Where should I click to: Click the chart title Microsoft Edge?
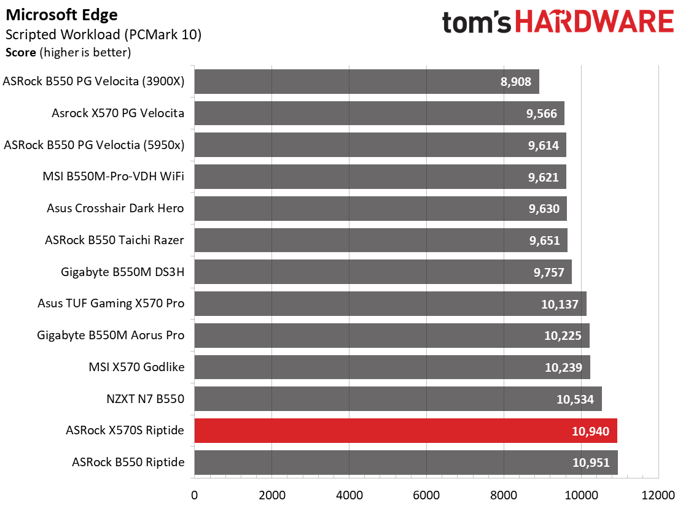tap(61, 15)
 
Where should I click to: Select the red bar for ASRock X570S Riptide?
tap(405, 431)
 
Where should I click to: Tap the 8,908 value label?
tap(516, 82)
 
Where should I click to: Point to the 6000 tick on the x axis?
tap(426, 495)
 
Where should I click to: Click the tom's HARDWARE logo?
tap(558, 21)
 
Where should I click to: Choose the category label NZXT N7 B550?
tap(146, 399)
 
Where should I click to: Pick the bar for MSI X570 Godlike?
tap(392, 367)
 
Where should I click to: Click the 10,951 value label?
tap(591, 463)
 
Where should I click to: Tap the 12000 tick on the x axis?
tap(658, 495)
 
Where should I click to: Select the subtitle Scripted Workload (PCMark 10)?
tap(104, 35)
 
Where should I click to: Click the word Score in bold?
tap(21, 53)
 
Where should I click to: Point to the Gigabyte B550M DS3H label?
tap(122, 272)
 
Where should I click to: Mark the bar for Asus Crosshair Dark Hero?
tap(381, 209)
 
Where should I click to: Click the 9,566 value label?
tap(542, 113)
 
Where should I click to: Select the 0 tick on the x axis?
tap(194, 495)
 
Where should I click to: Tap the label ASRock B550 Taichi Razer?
tap(115, 240)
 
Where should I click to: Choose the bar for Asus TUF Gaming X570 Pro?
tap(390, 304)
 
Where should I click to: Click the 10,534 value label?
tap(575, 399)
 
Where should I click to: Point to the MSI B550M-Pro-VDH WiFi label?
tap(113, 177)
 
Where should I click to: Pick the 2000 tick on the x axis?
tap(272, 495)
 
